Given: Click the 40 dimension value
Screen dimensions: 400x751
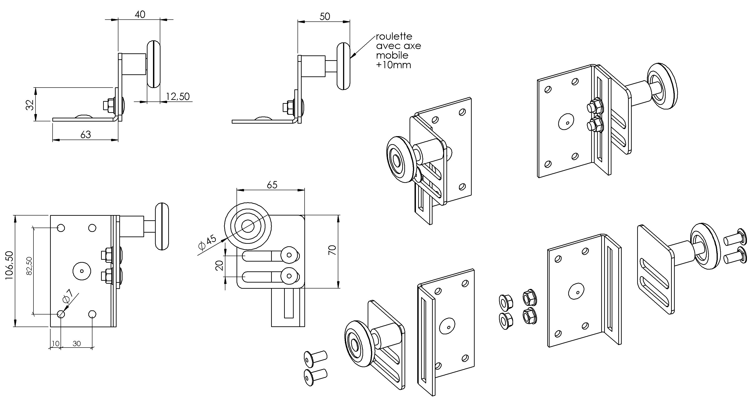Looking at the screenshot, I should click(x=140, y=14).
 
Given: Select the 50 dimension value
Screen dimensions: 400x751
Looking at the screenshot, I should click(x=324, y=16).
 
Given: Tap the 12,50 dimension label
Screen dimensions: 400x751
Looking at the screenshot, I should click(x=178, y=96).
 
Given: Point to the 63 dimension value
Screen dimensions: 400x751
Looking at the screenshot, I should click(x=85, y=135).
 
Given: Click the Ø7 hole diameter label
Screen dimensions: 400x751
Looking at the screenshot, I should click(x=67, y=296).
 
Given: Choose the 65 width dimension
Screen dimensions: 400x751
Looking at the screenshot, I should click(x=272, y=184).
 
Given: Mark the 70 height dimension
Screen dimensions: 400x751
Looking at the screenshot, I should click(x=332, y=250).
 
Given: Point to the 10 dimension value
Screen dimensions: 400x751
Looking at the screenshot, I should click(x=55, y=344).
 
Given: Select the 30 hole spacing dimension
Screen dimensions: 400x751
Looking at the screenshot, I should click(x=76, y=344).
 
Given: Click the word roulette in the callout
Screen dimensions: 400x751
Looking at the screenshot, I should click(x=394, y=36).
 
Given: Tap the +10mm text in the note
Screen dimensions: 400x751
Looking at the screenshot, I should click(x=393, y=65).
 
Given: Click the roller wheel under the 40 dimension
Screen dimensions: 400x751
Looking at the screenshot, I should click(x=154, y=64).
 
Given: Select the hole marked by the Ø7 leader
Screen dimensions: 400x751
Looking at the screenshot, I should click(x=61, y=314).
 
